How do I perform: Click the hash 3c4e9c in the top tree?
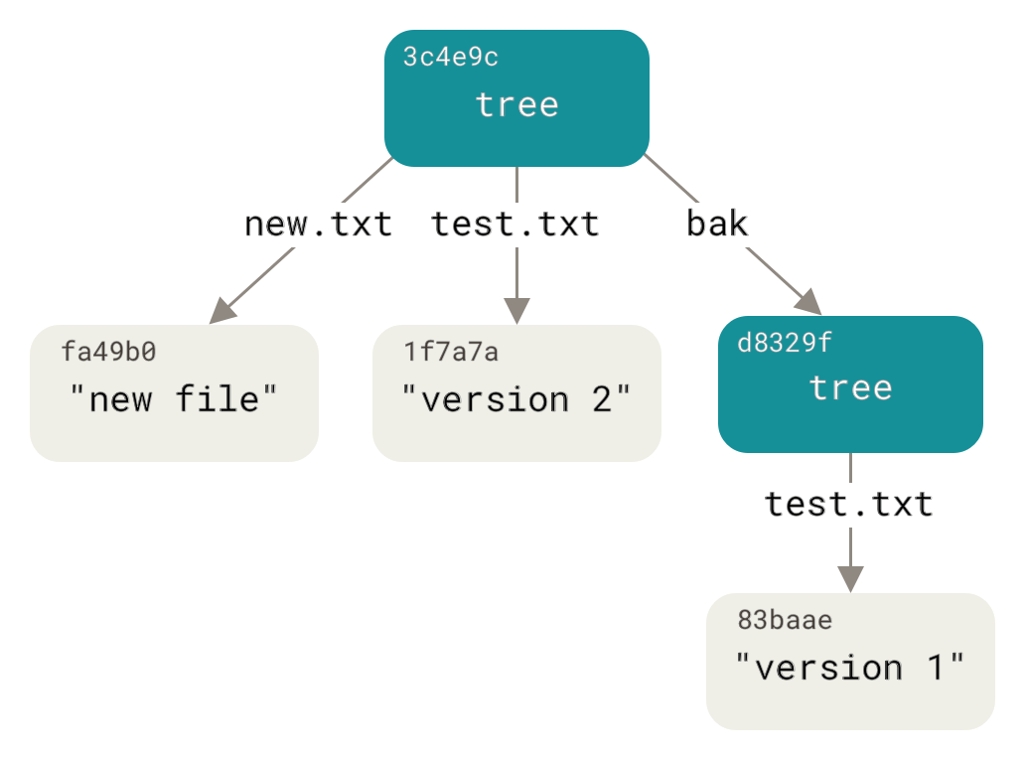(x=450, y=58)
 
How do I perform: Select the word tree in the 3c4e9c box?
(x=516, y=104)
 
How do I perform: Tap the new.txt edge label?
(x=318, y=225)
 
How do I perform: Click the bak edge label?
(x=717, y=225)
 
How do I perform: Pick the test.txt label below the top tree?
(x=515, y=225)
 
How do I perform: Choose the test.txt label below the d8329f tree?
(x=849, y=505)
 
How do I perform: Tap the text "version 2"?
(x=516, y=399)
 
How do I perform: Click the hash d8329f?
(x=785, y=344)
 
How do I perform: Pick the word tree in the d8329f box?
(x=850, y=387)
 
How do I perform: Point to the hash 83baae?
(x=785, y=621)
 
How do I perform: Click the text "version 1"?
(x=850, y=668)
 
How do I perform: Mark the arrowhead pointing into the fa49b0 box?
(x=223, y=310)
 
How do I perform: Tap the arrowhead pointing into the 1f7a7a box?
(x=516, y=310)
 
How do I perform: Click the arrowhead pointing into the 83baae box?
(x=850, y=578)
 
